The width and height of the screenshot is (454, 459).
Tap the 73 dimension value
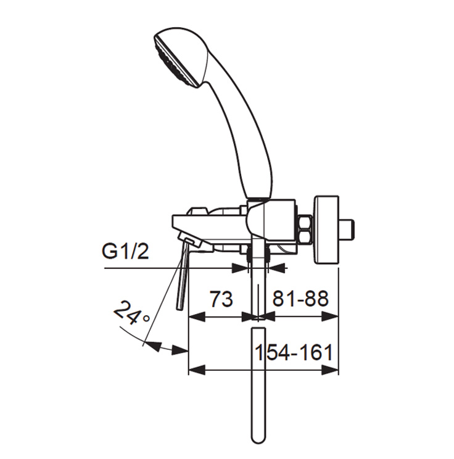[222, 299]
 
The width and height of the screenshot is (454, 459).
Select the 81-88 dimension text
[300, 299]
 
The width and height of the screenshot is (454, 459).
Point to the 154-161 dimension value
[294, 352]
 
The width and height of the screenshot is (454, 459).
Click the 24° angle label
[131, 313]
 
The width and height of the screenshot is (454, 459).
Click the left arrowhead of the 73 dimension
[197, 316]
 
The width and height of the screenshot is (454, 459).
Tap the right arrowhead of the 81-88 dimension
[331, 316]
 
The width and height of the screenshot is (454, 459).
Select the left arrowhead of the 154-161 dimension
[197, 370]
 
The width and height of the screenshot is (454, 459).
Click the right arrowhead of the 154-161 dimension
[331, 370]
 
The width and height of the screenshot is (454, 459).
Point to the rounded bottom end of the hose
[258, 442]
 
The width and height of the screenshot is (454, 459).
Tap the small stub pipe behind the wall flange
[347, 229]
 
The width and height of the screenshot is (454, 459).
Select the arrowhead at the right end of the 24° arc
[180, 349]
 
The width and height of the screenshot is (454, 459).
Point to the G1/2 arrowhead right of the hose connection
[276, 268]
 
